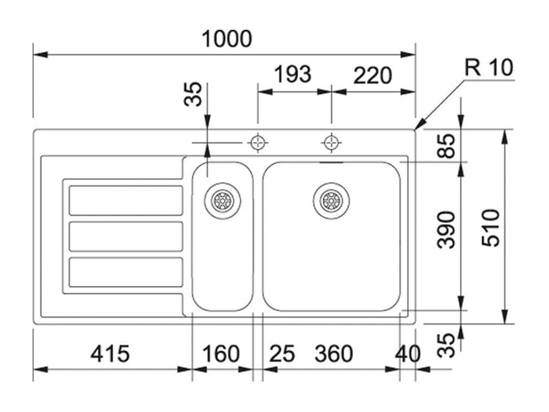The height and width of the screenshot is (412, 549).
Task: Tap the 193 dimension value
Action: (293, 75)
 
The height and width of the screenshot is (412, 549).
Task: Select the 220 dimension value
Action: (372, 76)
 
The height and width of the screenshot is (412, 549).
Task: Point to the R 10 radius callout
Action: (489, 68)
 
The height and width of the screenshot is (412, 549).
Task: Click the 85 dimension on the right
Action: (447, 146)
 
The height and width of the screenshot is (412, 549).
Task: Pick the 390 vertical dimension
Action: (447, 230)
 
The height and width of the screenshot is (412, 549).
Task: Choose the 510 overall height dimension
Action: (491, 227)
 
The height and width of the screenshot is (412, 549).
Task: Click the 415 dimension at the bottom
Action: (110, 354)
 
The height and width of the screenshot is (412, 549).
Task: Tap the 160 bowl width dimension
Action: (221, 354)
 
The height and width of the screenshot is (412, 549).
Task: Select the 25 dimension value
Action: (282, 354)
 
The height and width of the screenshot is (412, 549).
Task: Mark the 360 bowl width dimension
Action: (334, 354)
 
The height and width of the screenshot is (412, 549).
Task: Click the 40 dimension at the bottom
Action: (408, 354)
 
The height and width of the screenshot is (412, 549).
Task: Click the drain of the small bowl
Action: (223, 200)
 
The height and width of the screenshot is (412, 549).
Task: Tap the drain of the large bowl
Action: (331, 200)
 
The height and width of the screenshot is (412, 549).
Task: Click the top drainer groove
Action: (126, 200)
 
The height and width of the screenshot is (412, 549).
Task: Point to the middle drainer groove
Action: (126, 236)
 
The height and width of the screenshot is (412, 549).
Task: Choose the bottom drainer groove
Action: (126, 272)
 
